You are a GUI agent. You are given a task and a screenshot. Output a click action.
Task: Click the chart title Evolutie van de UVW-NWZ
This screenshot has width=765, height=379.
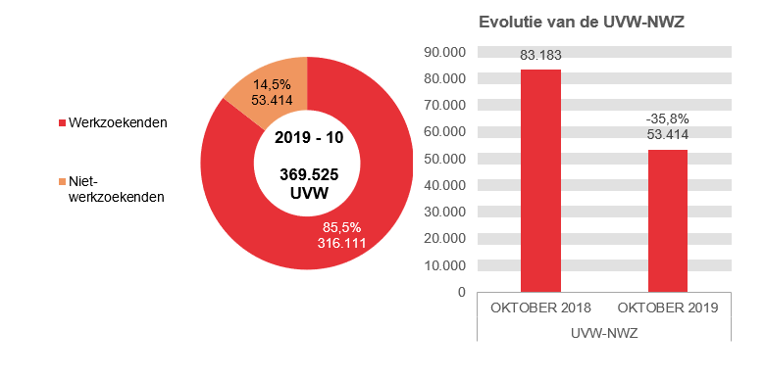coord(581,23)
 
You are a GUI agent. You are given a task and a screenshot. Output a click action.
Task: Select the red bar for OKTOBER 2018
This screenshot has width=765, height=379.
coord(540,180)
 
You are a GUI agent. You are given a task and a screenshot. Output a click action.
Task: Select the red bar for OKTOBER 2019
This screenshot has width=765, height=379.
coord(667,220)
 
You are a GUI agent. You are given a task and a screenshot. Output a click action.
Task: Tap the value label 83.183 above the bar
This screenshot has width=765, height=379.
coord(540,57)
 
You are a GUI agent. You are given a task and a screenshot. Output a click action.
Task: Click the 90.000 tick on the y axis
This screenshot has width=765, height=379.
coord(443,52)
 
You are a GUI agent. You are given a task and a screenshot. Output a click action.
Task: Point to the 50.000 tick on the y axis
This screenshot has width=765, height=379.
coord(443,159)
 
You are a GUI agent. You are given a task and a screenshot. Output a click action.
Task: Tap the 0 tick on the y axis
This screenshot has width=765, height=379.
coord(459,292)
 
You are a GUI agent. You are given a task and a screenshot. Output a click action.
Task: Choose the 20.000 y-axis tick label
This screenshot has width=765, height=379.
coord(443,238)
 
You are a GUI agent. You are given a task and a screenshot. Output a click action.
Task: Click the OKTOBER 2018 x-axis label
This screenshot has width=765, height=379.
coord(540,308)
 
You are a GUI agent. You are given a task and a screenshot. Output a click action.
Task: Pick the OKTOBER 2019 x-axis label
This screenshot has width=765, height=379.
coord(667,308)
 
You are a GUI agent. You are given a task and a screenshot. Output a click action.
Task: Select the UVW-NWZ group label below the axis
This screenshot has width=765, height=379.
coord(603,333)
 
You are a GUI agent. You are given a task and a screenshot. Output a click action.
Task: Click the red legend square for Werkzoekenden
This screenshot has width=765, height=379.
coord(61,123)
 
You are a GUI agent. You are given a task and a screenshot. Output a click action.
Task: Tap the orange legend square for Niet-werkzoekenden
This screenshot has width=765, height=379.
coord(61,181)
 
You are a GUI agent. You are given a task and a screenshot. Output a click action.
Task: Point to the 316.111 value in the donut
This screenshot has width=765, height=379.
coord(342,242)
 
